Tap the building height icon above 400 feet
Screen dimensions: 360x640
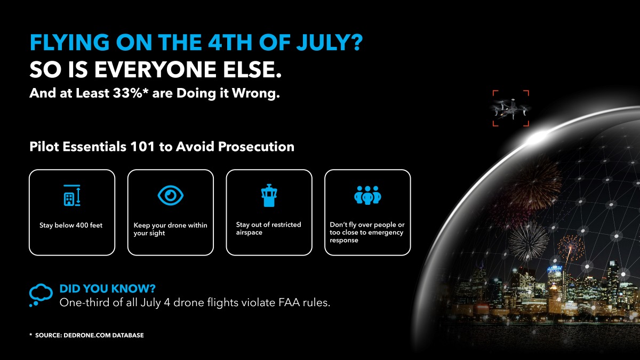pyautogui.click(x=71, y=196)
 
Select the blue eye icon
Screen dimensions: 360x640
pyautogui.click(x=171, y=195)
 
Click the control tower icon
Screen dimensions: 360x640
pyautogui.click(x=269, y=196)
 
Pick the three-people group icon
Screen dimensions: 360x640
pyautogui.click(x=367, y=196)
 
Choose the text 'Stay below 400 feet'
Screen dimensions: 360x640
pyautogui.click(x=71, y=226)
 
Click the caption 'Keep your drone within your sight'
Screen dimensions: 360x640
pyautogui.click(x=170, y=229)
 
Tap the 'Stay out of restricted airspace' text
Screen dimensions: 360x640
pyautogui.click(x=268, y=228)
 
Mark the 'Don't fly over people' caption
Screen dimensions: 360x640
pyautogui.click(x=367, y=233)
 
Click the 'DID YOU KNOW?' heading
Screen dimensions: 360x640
pyautogui.click(x=107, y=289)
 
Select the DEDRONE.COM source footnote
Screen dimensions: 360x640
pyautogui.click(x=86, y=335)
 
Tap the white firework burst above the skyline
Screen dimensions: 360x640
pyautogui.click(x=527, y=240)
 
